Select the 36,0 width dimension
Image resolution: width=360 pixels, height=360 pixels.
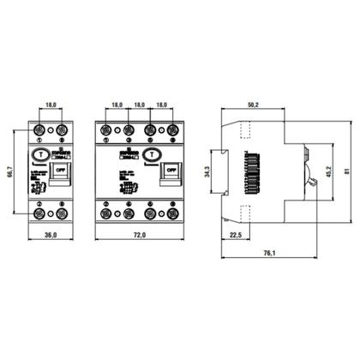click(51, 234)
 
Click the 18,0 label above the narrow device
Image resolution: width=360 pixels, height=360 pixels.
click(51, 105)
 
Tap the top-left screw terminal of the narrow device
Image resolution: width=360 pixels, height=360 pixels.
click(42, 130)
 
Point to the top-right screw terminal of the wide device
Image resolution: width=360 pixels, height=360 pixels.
click(174, 130)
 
